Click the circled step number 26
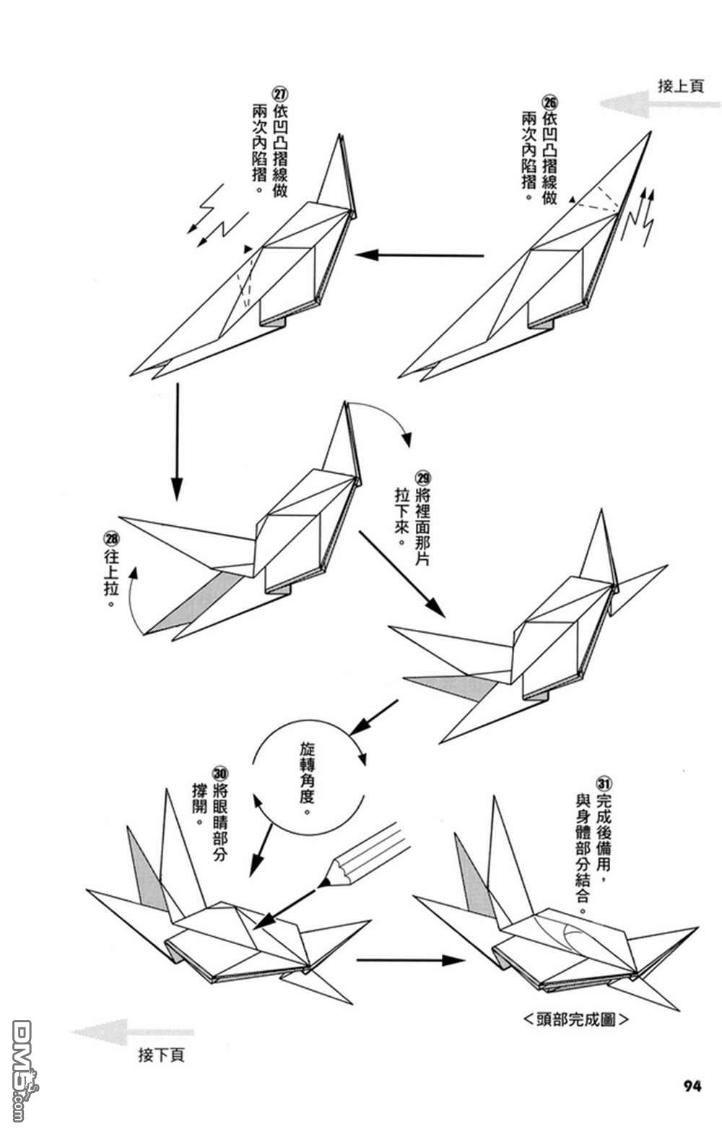pos(549,102)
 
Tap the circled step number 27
pos(279,95)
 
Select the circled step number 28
pos(112,538)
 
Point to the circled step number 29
pos(423,478)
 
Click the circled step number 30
pos(220,772)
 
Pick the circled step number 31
pos(604,783)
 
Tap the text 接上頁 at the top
pos(681,86)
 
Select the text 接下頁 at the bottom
pos(161,1055)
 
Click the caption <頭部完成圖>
pos(574,1020)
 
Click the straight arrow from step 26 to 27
pos(419,255)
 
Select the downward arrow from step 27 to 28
pos(175,441)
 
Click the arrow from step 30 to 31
pos(410,960)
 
